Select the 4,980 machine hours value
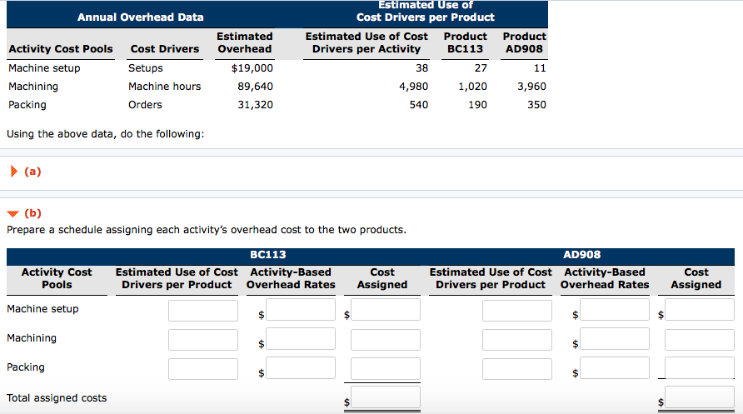pos(413,87)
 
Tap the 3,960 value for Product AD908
pos(531,87)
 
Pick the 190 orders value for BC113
pos(477,105)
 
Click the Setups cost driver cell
pos(146,68)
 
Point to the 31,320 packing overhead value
pos(255,105)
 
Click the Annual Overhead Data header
pos(140,17)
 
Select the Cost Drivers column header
pos(165,49)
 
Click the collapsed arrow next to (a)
pos(12,172)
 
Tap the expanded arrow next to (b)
pos(12,213)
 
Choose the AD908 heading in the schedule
pos(581,255)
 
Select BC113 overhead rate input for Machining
pos(300,339)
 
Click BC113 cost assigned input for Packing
pos(385,368)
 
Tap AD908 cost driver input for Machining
pos(516,339)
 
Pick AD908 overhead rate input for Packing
pos(615,368)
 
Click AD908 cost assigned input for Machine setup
pos(700,311)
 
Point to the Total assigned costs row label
pos(57,398)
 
